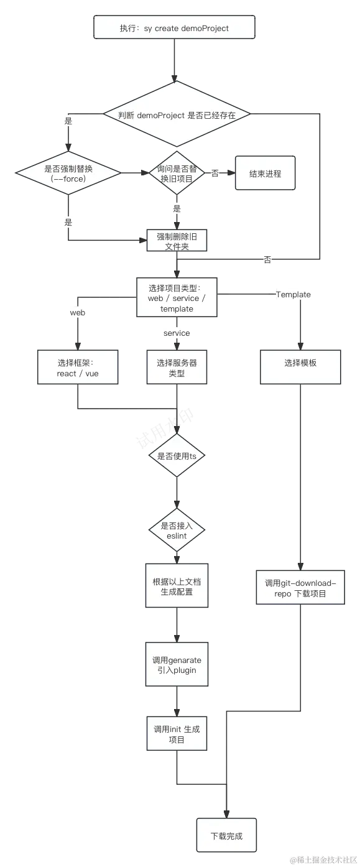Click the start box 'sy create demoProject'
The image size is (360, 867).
click(174, 28)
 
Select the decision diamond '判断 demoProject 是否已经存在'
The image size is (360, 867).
click(177, 115)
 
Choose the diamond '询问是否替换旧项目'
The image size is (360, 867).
click(177, 173)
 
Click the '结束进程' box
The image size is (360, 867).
click(265, 174)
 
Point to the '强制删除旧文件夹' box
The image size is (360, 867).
click(177, 241)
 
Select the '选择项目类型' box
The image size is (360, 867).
click(177, 299)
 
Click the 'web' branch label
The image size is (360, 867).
click(77, 312)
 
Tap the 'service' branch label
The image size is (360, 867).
click(177, 333)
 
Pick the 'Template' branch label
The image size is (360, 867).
click(293, 294)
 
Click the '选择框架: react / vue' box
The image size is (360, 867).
click(78, 368)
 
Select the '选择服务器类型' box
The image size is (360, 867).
click(177, 368)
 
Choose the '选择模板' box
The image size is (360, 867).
click(300, 363)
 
